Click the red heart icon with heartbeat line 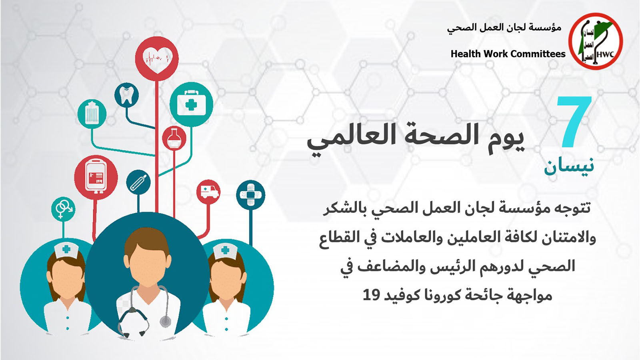click(x=156, y=58)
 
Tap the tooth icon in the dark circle click(x=126, y=95)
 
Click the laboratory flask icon click(x=174, y=138)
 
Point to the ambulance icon click(x=208, y=192)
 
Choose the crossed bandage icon click(x=250, y=195)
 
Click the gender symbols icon click(x=63, y=209)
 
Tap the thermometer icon click(x=138, y=182)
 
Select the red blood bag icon click(x=96, y=178)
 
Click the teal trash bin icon click(x=92, y=114)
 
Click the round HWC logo click(x=596, y=41)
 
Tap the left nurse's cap click(x=66, y=250)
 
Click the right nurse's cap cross click(x=225, y=250)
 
